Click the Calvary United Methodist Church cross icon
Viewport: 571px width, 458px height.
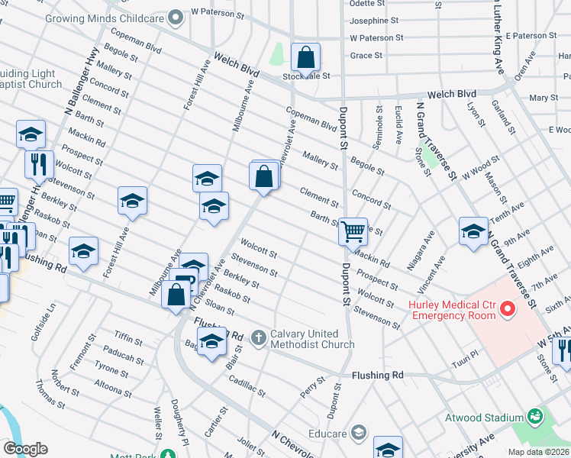coord(260,337)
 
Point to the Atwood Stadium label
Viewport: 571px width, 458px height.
coord(485,418)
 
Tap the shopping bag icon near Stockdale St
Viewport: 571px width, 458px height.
coord(305,57)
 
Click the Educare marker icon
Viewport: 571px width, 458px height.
coord(357,434)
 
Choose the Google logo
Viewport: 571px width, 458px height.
coord(25,449)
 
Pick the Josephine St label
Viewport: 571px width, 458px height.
coord(373,21)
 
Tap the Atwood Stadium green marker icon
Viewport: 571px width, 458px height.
coord(536,417)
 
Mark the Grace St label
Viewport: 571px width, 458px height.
coord(366,55)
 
